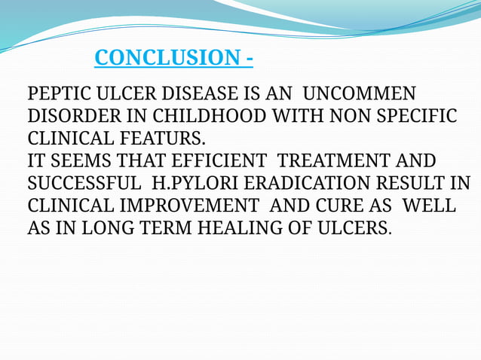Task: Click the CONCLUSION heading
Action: (173, 58)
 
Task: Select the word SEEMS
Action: (73, 162)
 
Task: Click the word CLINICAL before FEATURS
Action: (72, 139)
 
